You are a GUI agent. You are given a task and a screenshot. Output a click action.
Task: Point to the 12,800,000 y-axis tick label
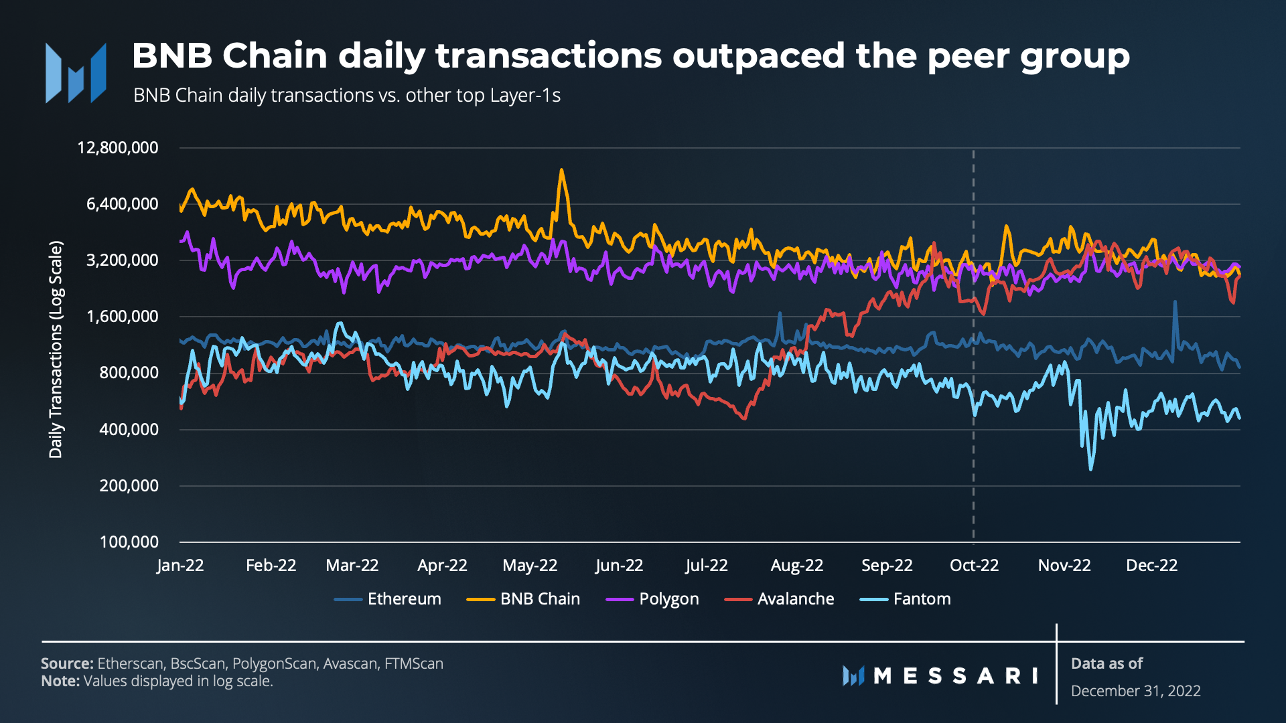click(x=118, y=147)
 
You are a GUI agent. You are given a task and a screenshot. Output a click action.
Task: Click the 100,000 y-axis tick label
click(x=129, y=542)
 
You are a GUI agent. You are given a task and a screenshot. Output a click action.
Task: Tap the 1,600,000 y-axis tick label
click(x=123, y=316)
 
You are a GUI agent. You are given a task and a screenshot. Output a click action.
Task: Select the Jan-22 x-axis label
click(x=180, y=566)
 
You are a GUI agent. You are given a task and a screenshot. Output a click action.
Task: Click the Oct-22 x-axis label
click(x=974, y=566)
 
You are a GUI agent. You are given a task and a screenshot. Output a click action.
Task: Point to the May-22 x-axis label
click(x=530, y=566)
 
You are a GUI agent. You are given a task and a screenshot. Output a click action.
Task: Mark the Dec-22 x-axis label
click(x=1151, y=566)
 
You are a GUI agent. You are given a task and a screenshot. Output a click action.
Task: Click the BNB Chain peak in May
click(x=561, y=170)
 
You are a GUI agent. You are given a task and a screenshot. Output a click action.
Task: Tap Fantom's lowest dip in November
click(x=1090, y=469)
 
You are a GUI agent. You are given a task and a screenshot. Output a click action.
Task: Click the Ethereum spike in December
click(x=1175, y=303)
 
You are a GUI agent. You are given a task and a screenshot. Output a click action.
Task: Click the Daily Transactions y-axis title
click(x=56, y=349)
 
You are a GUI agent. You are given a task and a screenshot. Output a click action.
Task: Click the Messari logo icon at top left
click(x=76, y=73)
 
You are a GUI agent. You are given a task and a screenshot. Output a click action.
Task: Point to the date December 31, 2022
click(x=1135, y=691)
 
